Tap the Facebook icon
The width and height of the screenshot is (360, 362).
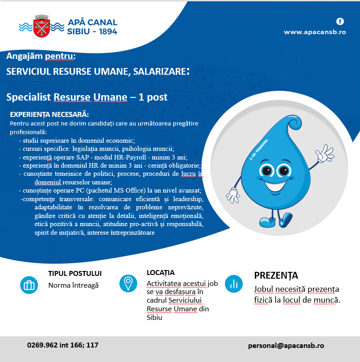pos(340,21)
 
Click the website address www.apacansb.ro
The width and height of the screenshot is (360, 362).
pos(315,32)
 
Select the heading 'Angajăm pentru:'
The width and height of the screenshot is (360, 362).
pos(41,56)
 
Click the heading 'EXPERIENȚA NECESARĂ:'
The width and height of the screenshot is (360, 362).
pos(49,115)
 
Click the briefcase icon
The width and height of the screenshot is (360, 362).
pos(29,285)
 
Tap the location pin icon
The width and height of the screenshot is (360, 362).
pos(128,283)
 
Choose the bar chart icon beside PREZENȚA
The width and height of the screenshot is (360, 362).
pos(234,284)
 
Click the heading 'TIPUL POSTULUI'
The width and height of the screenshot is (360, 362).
pos(75,274)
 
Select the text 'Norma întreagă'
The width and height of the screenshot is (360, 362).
pos(73,285)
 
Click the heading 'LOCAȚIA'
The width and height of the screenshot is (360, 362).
pos(161,273)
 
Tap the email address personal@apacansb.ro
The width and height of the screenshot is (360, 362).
pos(286,345)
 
